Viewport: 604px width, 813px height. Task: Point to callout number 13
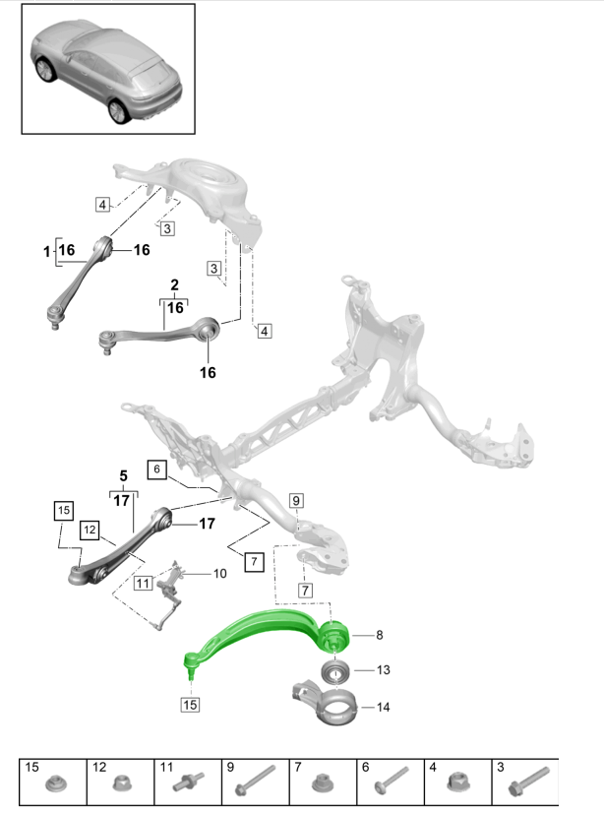click(x=383, y=670)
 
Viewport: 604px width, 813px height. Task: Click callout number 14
click(x=383, y=707)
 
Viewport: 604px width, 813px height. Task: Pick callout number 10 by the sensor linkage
click(x=219, y=573)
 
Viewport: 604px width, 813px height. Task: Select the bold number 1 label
click(x=45, y=252)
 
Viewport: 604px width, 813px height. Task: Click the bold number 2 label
click(x=175, y=285)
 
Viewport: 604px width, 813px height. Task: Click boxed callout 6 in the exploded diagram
click(x=156, y=469)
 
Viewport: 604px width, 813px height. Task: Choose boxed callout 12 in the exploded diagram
click(x=91, y=531)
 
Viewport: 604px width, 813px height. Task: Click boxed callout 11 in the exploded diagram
click(x=143, y=583)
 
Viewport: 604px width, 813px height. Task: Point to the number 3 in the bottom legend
click(x=500, y=766)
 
